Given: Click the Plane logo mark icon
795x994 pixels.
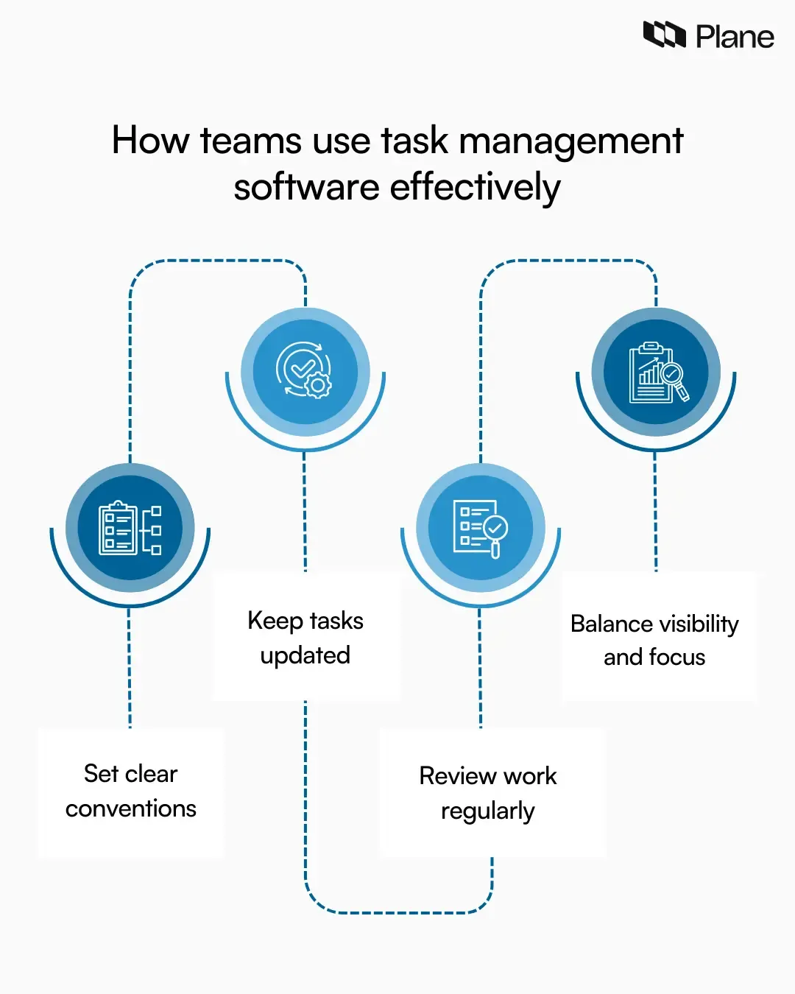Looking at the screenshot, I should [x=664, y=35].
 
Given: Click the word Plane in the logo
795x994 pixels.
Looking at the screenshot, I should [x=735, y=37].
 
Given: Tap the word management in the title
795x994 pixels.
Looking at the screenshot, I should [x=571, y=141].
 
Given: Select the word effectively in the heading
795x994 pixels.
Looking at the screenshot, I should [x=475, y=188].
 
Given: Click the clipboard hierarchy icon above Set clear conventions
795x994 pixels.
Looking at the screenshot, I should [x=130, y=528].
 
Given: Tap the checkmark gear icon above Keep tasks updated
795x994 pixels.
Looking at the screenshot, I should [x=305, y=370].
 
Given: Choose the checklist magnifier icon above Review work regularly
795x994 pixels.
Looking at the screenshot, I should [x=481, y=528].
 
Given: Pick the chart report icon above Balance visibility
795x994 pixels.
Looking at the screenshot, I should [x=657, y=372].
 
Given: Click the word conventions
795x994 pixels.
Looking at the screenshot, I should [x=131, y=808].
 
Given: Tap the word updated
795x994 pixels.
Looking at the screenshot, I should [x=305, y=655].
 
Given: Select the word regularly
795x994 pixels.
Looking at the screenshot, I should [x=487, y=811].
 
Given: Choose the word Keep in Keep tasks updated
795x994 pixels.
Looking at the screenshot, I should [x=275, y=621].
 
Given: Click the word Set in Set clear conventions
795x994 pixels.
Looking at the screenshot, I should [x=101, y=774].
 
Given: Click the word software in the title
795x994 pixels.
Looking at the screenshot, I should [x=306, y=188].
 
